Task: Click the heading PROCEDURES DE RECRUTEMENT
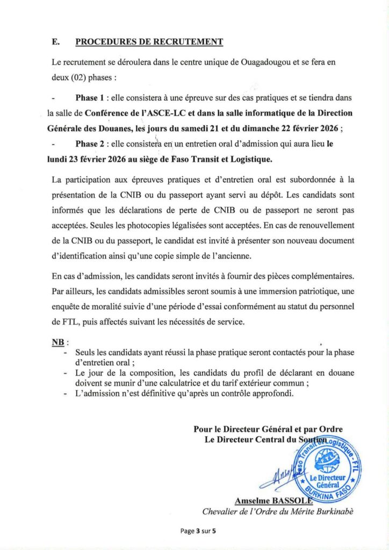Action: pos(149,42)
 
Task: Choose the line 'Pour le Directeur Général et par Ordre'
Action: pos(268,429)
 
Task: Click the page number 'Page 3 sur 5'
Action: pos(198,531)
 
